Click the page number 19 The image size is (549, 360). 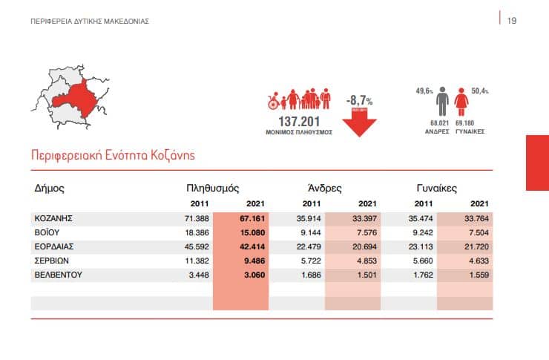point(511,21)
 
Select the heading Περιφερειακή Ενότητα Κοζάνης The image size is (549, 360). point(113,156)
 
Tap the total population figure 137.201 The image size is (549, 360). point(297,121)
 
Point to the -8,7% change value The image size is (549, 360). point(359,100)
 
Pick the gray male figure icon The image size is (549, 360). point(443,102)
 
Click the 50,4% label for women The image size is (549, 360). point(480,91)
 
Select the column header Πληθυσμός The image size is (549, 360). point(213,188)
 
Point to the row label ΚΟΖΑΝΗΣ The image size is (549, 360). point(53,219)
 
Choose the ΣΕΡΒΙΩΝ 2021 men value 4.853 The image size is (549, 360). point(364,261)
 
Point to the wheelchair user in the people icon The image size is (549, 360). point(273,102)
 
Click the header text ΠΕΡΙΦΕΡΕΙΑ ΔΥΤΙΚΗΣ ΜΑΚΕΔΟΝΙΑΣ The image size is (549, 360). point(90,21)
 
